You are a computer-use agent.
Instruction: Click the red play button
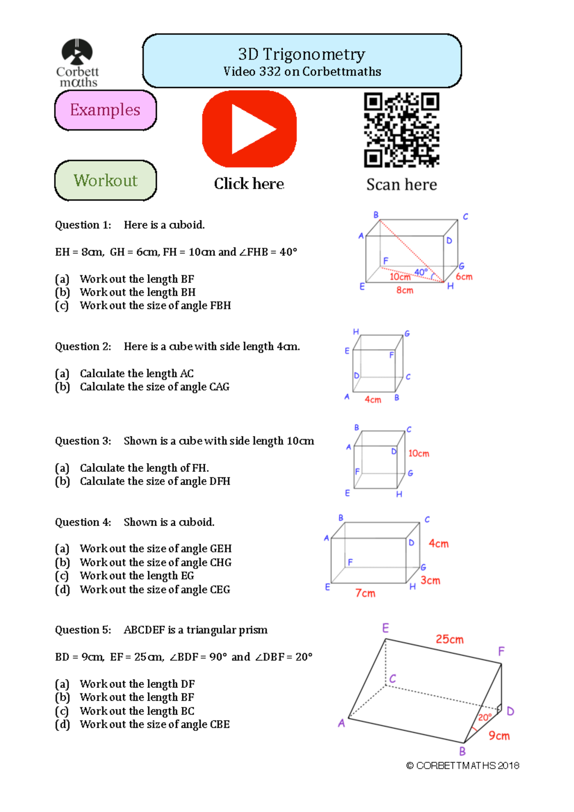[249, 129]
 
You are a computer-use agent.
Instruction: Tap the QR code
[401, 130]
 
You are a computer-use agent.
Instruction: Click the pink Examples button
[105, 110]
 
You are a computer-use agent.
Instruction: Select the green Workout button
[105, 180]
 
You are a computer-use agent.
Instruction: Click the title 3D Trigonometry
[301, 55]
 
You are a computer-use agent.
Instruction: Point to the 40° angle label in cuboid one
[420, 272]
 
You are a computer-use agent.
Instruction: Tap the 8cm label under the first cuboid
[405, 290]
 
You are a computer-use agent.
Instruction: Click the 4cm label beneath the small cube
[373, 400]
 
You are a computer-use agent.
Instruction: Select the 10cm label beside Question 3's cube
[419, 453]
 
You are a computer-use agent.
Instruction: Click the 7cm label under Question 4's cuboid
[365, 593]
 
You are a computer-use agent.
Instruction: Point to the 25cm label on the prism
[449, 639]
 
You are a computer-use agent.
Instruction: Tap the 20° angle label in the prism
[484, 717]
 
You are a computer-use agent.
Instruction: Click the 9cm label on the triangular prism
[499, 736]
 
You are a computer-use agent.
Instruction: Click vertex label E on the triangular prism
[386, 628]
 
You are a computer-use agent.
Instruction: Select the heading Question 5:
[83, 630]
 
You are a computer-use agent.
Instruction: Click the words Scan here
[401, 185]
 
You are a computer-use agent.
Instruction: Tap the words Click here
[249, 184]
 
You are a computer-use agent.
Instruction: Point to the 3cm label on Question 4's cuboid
[430, 581]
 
